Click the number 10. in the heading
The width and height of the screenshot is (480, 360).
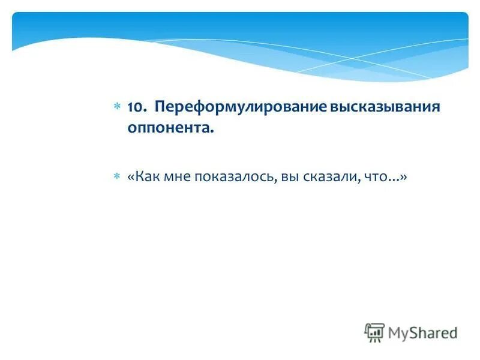coord(137,107)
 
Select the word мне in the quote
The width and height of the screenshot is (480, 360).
coord(178,177)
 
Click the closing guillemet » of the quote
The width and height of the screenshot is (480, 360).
coord(404,177)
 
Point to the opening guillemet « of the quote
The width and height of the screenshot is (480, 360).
coord(130,177)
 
